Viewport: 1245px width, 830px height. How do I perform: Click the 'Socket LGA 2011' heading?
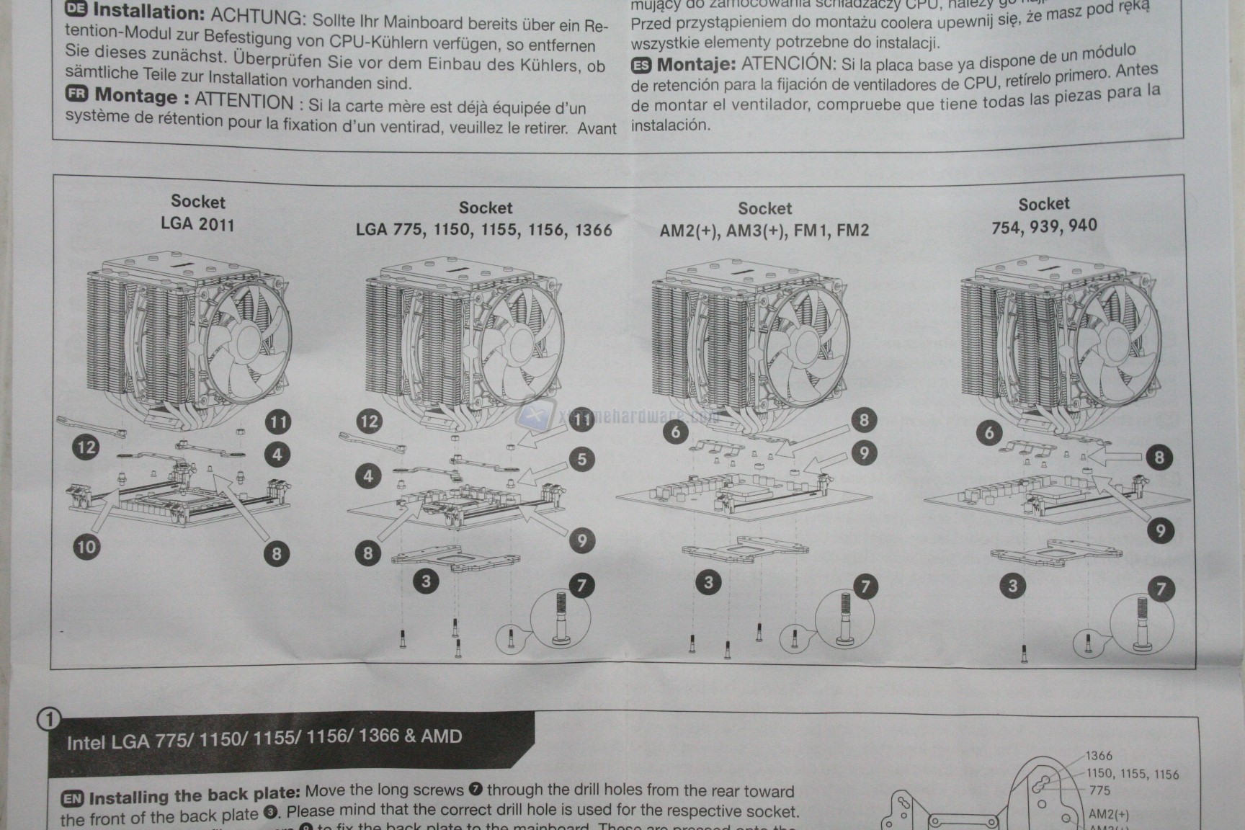[197, 213]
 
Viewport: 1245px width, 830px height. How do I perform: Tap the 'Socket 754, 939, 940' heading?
[1043, 215]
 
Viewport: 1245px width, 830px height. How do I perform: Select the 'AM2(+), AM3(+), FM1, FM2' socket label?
[764, 231]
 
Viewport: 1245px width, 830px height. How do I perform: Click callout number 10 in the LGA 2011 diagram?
[86, 546]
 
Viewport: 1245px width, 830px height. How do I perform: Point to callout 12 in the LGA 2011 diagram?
[86, 447]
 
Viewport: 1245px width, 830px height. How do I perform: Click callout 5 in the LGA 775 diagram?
[582, 459]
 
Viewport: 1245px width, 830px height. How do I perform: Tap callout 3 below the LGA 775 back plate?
[426, 581]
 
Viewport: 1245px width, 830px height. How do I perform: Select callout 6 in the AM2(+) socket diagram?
[675, 432]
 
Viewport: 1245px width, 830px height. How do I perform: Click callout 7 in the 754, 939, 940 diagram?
[1160, 589]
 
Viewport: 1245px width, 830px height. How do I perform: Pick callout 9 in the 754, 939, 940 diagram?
[1160, 531]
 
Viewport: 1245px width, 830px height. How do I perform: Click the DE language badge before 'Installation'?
[76, 9]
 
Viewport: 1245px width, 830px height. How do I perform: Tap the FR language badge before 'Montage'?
[76, 94]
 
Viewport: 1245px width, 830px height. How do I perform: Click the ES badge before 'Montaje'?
[641, 66]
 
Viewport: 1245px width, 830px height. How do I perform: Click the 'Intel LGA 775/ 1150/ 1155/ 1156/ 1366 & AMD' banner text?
[264, 738]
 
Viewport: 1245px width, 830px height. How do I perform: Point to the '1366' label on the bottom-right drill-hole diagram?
[1099, 756]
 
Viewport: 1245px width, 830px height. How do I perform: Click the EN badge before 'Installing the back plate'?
[72, 798]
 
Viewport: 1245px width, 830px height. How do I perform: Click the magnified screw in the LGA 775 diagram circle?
[560, 617]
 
